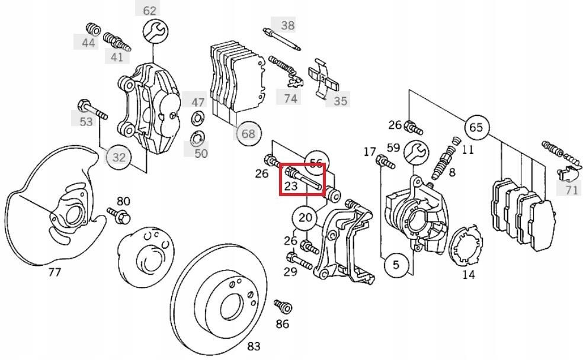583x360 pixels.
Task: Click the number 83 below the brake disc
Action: pos(254,346)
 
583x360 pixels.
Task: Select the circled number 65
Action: pos(476,127)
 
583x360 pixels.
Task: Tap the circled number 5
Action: pos(396,266)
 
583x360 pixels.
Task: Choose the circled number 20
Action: pos(305,218)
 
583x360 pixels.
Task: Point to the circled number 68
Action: pos(248,134)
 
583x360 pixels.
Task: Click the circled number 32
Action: pos(119,157)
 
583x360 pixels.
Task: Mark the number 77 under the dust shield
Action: pos(55,272)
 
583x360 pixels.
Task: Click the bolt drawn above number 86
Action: pos(283,306)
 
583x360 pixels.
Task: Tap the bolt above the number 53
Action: pos(91,110)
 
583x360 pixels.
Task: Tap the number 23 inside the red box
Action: pos(290,187)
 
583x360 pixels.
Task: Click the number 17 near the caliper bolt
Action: pos(370,152)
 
